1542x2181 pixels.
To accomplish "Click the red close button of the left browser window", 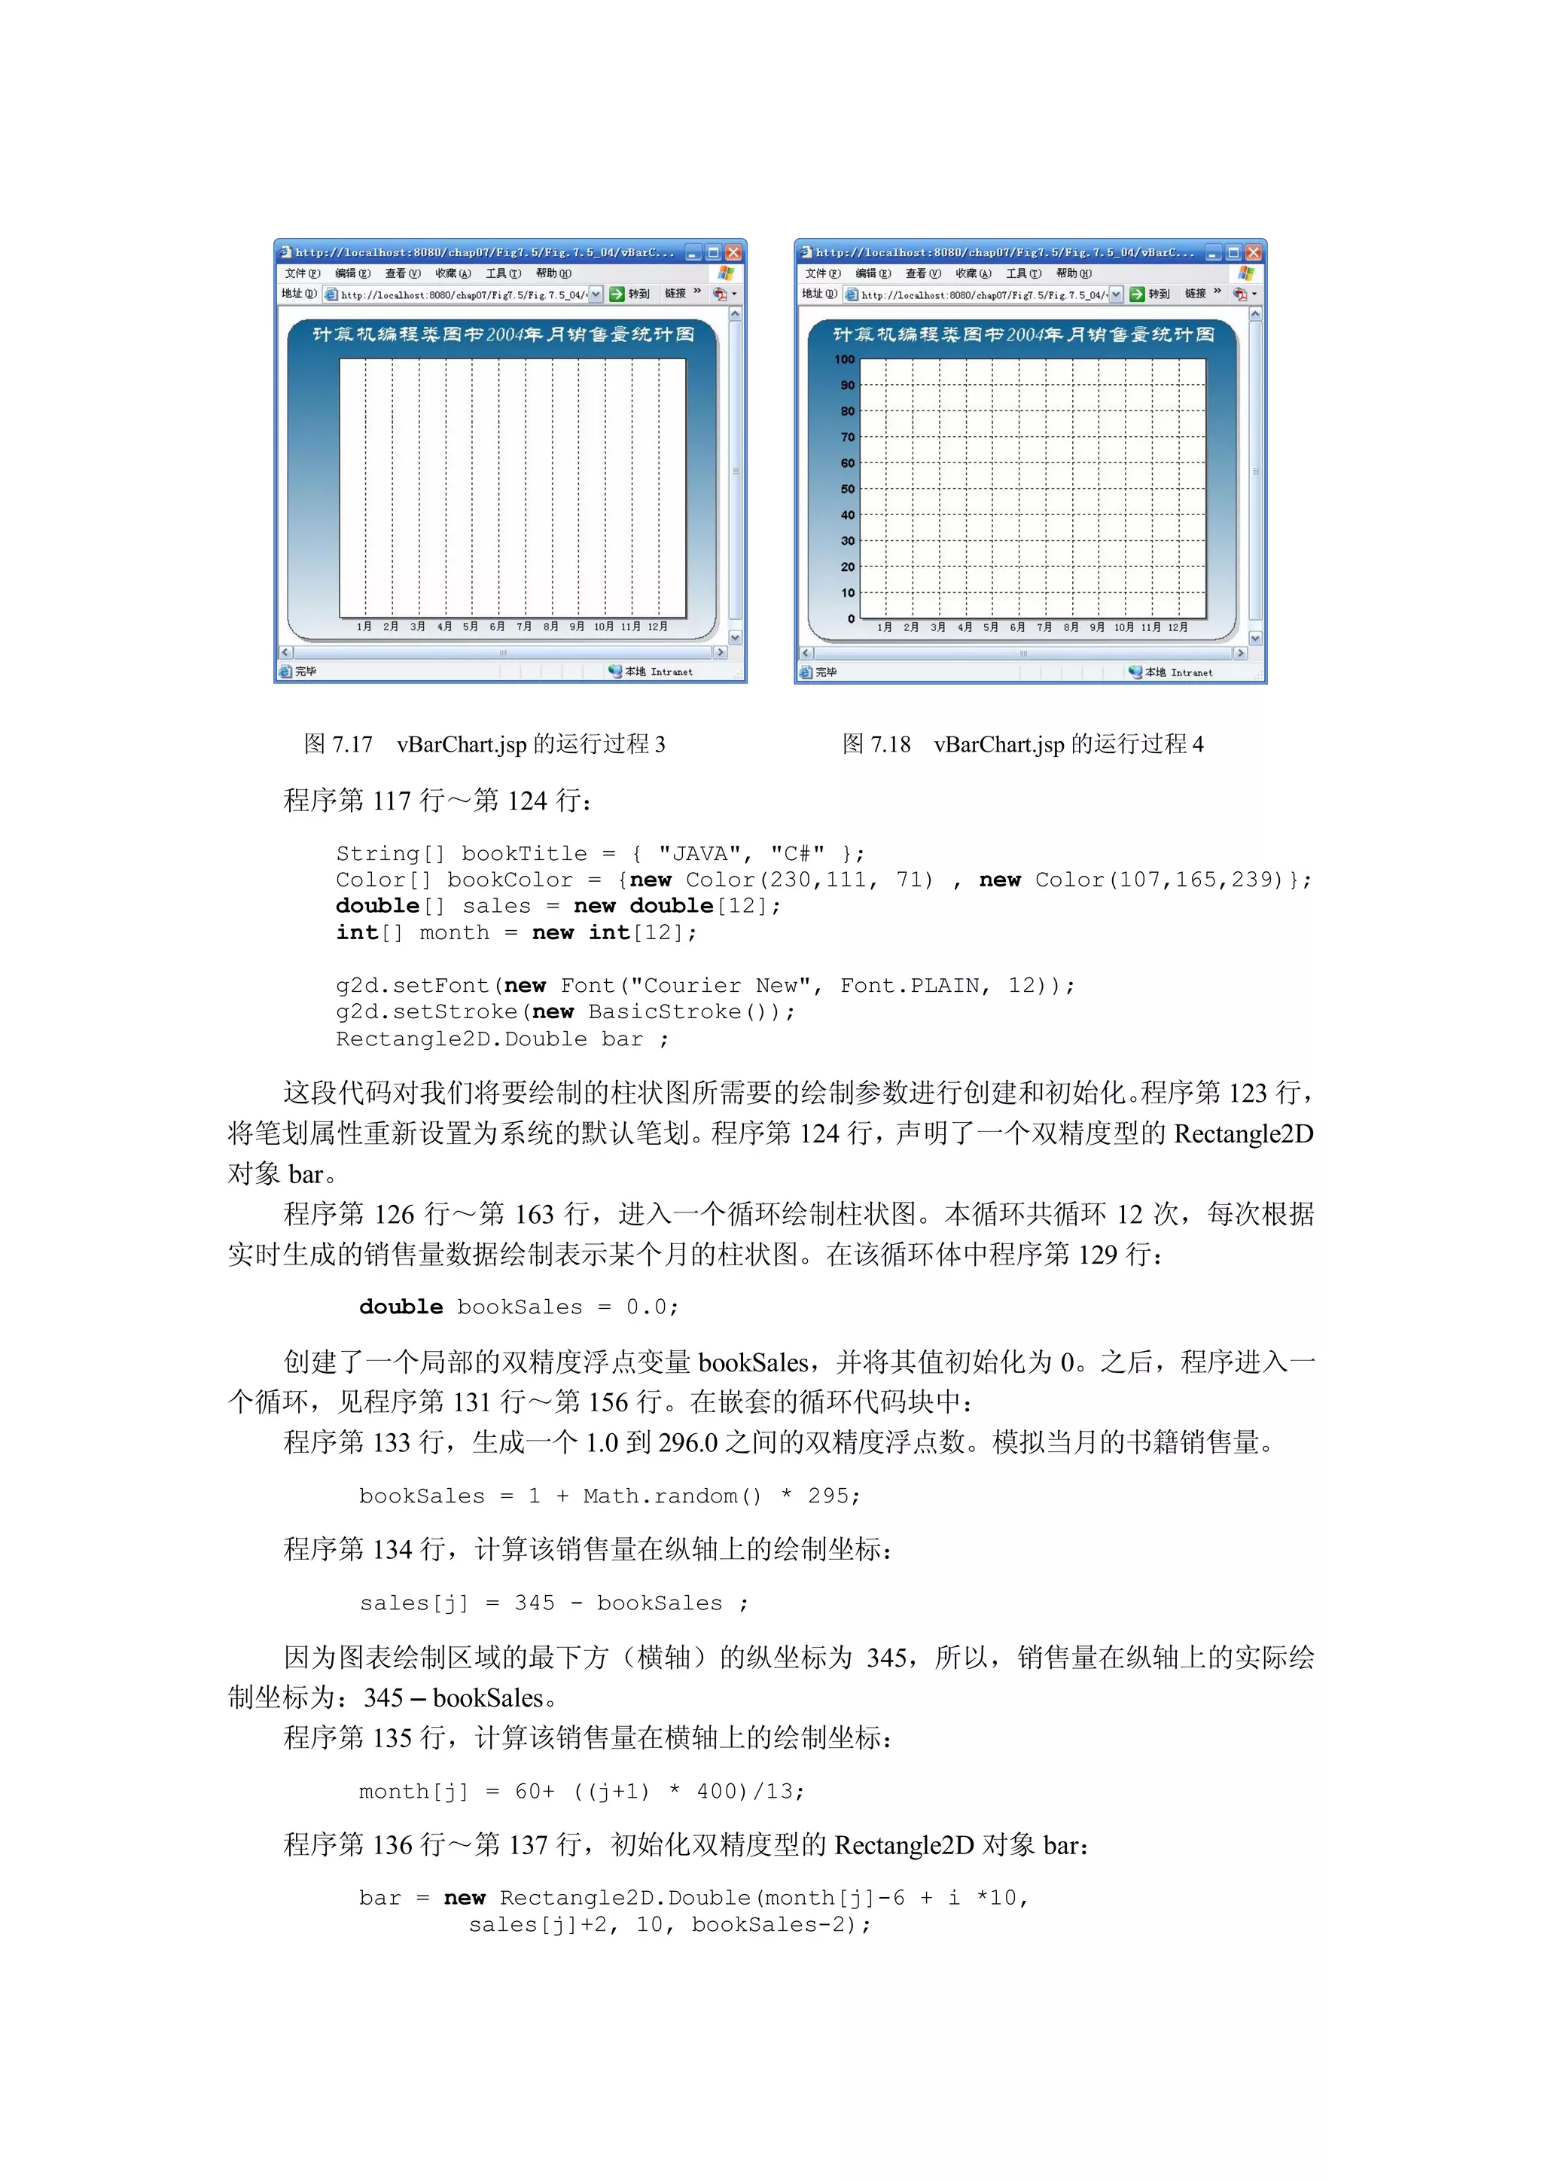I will coord(733,253).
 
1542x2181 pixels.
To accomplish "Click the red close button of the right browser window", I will coord(1254,253).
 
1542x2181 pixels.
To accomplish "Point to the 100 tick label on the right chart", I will coord(844,359).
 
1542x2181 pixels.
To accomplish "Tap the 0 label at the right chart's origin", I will coord(851,618).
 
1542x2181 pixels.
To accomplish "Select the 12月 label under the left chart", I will coord(657,627).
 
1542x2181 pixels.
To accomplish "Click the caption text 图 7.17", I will coord(338,744).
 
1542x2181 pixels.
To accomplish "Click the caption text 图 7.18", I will coord(876,744).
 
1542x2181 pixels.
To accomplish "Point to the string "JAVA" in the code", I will coord(699,853).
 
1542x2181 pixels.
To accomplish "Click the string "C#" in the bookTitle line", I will coord(797,853).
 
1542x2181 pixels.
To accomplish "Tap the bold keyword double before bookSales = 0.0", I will coord(401,1307).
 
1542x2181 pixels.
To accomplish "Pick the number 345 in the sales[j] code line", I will coord(535,1603).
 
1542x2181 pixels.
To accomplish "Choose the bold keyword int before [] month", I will coord(357,933).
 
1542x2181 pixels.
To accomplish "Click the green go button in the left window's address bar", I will coord(616,294).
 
